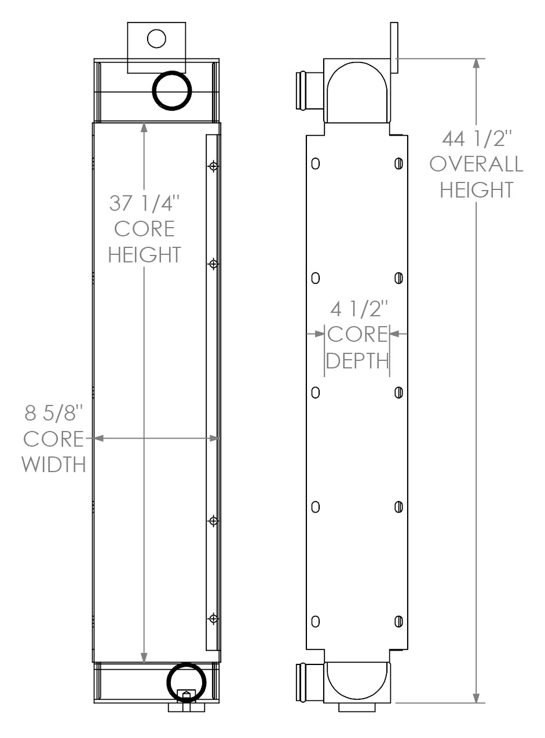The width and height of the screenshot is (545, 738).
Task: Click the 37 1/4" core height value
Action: pyautogui.click(x=144, y=204)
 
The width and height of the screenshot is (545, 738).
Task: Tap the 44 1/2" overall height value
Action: pyautogui.click(x=477, y=140)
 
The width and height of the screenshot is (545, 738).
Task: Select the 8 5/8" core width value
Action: pyautogui.click(x=54, y=414)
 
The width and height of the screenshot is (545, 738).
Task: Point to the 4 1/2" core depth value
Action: pyautogui.click(x=357, y=309)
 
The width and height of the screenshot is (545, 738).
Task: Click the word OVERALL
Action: pyautogui.click(x=477, y=165)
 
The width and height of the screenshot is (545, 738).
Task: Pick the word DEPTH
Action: pyautogui.click(x=357, y=360)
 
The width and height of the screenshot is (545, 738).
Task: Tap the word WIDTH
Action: pyautogui.click(x=54, y=464)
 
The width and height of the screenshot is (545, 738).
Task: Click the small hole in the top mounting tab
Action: pyautogui.click(x=156, y=39)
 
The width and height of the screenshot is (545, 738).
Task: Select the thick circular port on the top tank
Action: pyautogui.click(x=171, y=90)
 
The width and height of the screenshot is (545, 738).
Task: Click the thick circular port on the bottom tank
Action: pyautogui.click(x=186, y=682)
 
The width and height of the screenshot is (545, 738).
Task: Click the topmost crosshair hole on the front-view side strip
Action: pyautogui.click(x=214, y=166)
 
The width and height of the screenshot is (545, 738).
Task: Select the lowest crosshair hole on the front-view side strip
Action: pyautogui.click(x=214, y=619)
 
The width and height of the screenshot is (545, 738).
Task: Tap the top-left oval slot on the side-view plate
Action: pyautogui.click(x=315, y=163)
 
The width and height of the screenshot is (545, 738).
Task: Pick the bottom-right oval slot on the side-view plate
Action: pyautogui.click(x=398, y=622)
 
